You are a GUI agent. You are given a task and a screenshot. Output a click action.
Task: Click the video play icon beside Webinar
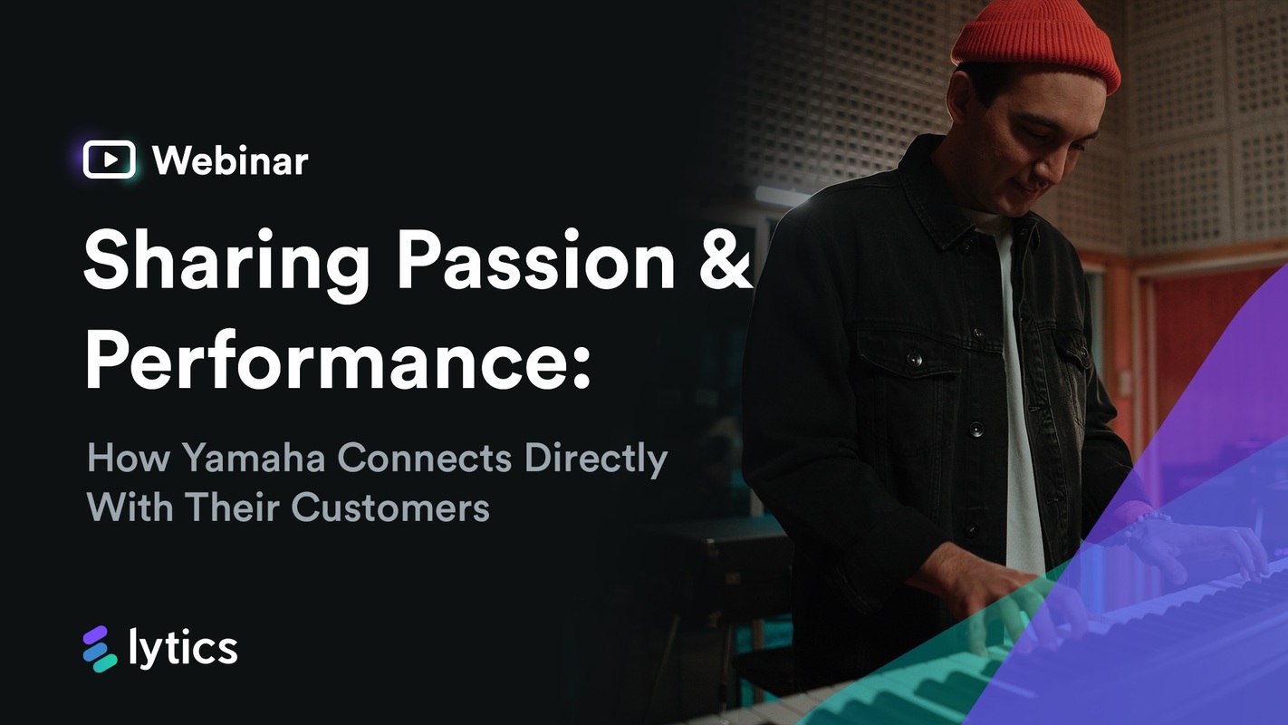pos(109,160)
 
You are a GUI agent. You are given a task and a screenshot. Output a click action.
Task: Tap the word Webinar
pos(230,161)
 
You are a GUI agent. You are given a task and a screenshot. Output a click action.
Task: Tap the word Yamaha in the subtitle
pos(255,459)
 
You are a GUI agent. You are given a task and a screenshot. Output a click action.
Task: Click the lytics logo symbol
pos(100,649)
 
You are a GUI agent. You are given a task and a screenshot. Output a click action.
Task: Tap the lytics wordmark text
pos(184,649)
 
